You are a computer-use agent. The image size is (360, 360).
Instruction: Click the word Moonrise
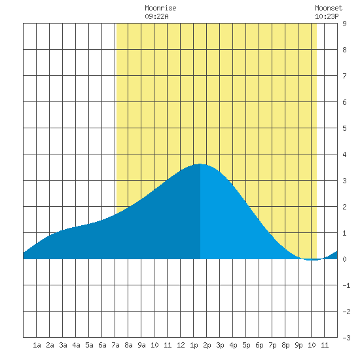coord(160,8)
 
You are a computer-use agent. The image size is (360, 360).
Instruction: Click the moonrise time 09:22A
coord(156,16)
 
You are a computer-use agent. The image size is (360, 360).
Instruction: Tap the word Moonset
coord(329,8)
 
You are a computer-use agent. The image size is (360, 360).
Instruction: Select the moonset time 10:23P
coord(327,16)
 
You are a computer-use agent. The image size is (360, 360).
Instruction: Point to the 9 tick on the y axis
coord(344,24)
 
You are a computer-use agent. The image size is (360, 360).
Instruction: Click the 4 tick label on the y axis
coord(344,154)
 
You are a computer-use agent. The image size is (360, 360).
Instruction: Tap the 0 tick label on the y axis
coord(344,259)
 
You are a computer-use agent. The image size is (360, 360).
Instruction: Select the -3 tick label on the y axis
coord(346,338)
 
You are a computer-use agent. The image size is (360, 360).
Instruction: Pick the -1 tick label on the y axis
coord(346,285)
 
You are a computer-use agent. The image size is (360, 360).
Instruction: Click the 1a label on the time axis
coord(37,345)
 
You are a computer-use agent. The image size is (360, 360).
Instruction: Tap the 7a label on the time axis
coord(115,345)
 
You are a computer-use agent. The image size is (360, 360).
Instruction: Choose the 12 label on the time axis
coord(181,345)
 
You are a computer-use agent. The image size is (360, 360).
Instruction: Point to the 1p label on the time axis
coord(194,346)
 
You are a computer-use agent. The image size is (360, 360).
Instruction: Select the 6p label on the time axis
coord(259,346)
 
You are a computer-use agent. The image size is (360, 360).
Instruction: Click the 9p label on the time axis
coord(298,346)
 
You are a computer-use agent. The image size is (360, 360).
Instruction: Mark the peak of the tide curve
coord(200,164)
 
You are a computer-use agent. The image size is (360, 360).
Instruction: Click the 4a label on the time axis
coord(76,345)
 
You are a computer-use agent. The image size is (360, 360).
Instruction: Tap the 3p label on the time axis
coord(220,346)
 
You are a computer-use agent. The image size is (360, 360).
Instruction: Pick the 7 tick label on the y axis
coord(344,76)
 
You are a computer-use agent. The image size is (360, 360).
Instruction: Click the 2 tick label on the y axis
coord(344,207)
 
